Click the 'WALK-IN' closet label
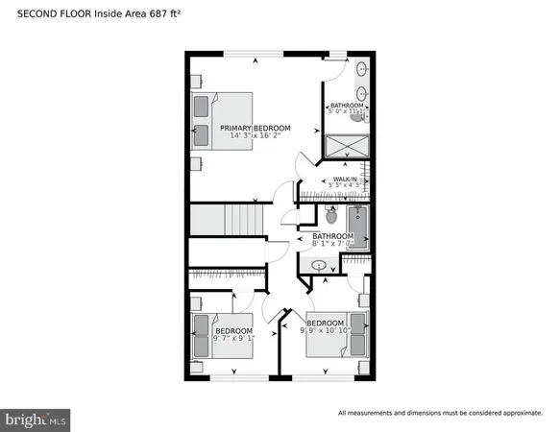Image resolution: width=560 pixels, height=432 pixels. (345, 179)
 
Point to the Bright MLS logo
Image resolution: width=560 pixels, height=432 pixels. (37, 419)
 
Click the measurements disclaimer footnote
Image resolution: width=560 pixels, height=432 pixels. (440, 413)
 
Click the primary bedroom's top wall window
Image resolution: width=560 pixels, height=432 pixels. (255, 55)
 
